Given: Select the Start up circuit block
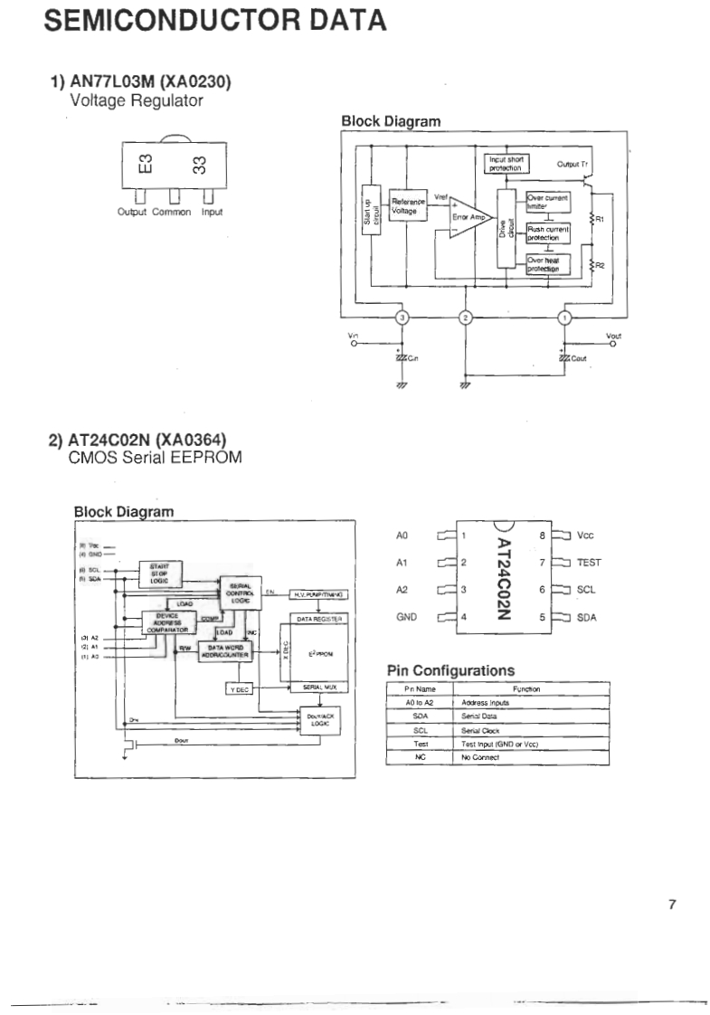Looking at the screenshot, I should pos(368,222).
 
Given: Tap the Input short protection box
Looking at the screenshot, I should pos(508,164).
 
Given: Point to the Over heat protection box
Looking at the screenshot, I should pos(548,264).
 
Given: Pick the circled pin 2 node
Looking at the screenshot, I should pos(466,318).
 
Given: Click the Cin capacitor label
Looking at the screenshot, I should pos(410,358).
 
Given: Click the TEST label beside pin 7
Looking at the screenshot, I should pos(589,562).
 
